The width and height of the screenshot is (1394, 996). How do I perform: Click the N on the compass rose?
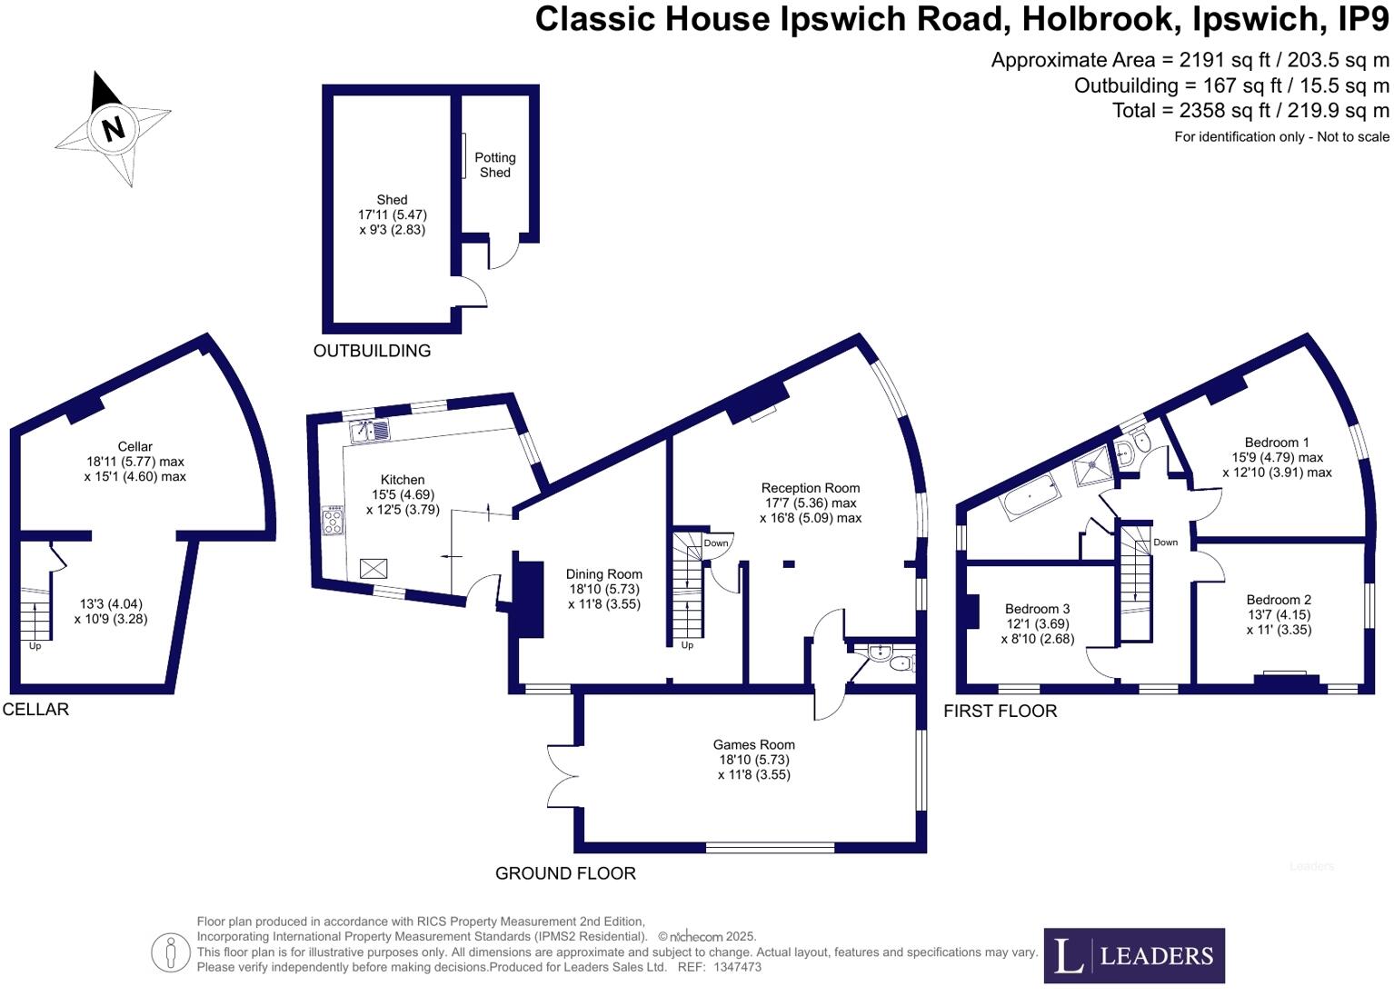113,128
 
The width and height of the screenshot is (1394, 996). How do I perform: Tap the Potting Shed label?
494,164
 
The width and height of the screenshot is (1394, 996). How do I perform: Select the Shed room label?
392,200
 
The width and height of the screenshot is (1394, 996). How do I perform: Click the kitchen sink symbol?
370,430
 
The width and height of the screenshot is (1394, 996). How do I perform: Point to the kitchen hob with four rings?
333,521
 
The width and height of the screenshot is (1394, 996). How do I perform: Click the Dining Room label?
603,574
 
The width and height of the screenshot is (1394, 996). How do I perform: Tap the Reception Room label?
810,488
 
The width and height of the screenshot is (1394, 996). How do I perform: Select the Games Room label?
753,745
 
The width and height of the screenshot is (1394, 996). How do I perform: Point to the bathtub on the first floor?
1030,499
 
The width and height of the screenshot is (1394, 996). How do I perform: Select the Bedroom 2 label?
1279,600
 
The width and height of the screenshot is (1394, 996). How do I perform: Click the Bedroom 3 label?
1037,609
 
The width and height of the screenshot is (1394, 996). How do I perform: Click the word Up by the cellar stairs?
35,646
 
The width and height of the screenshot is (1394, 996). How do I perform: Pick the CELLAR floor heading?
35,710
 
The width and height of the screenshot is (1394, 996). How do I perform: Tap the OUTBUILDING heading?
372,351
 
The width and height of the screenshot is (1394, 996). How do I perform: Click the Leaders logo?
1133,955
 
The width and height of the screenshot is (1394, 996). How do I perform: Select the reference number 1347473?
737,967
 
